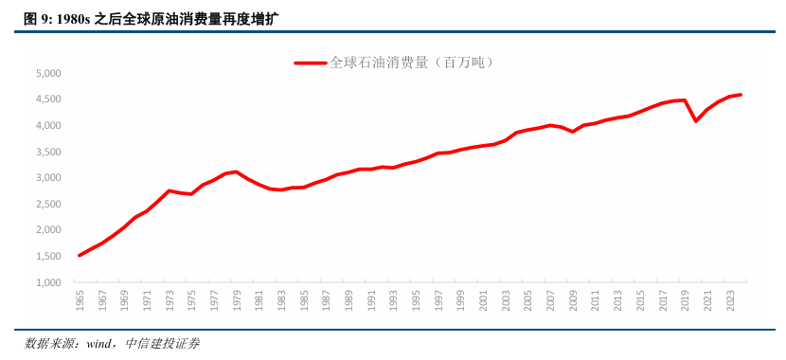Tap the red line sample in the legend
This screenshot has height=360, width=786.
pyautogui.click(x=310, y=63)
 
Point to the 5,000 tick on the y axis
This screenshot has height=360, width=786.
pyautogui.click(x=47, y=73)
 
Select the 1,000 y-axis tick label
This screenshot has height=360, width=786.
pyautogui.click(x=47, y=282)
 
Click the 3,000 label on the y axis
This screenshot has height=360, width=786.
pyautogui.click(x=47, y=178)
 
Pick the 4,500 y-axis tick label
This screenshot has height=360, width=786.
pyautogui.click(x=47, y=99)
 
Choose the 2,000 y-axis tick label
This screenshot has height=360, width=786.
pyautogui.click(x=47, y=230)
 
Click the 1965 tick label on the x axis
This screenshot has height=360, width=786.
pyautogui.click(x=80, y=300)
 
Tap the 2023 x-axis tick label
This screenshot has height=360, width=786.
pyautogui.click(x=730, y=300)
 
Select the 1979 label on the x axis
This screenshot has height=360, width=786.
pyautogui.click(x=237, y=300)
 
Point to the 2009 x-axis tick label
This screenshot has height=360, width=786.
pyautogui.click(x=573, y=300)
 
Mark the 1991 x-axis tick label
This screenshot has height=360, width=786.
pyautogui.click(x=371, y=300)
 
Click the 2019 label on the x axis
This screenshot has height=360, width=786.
pyautogui.click(x=685, y=300)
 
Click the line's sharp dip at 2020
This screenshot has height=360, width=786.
pyautogui.click(x=696, y=120)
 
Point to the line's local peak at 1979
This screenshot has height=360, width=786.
pyautogui.click(x=237, y=171)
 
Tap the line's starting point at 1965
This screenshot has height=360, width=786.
pyautogui.click(x=80, y=256)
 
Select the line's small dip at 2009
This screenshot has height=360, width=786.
pyautogui.click(x=573, y=132)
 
